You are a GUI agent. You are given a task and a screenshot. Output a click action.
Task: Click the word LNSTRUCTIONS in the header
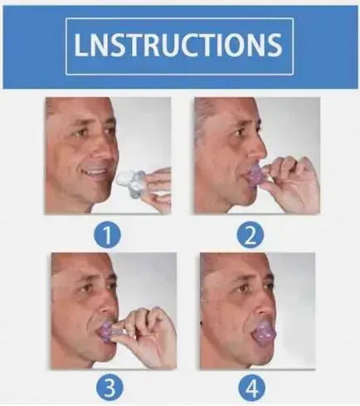pos(178,45)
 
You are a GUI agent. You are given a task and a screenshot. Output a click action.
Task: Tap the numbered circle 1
pos(108,235)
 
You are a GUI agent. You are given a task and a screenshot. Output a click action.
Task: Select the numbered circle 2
pos(251,235)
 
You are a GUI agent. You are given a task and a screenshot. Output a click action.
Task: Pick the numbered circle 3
pos(109,388)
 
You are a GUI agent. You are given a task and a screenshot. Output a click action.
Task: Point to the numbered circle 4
pos(251,388)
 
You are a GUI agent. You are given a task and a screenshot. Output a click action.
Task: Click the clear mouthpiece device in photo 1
pos(130,183)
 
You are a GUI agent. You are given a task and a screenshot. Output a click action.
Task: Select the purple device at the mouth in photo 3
pos(108,331)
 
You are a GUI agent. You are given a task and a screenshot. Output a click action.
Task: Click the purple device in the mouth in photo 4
pos(264,330)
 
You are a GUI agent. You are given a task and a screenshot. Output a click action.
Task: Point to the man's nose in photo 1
pos(106,152)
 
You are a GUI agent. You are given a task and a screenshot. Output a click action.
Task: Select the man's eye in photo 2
pos(238,132)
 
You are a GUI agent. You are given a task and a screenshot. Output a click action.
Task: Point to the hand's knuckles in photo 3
pos(148,318)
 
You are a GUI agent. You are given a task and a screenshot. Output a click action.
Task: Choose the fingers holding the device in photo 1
pos(158,184)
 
